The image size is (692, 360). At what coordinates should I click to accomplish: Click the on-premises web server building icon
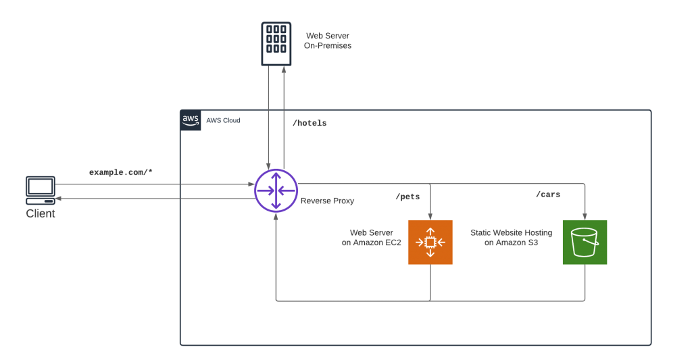point(276,44)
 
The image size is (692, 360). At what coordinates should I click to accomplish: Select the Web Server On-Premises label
point(328,41)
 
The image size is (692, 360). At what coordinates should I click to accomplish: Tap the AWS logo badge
point(191,120)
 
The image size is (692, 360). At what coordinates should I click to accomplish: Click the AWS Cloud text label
point(223,120)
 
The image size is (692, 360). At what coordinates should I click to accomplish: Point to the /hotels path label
point(310,124)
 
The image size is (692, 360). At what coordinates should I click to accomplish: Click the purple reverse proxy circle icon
point(276,190)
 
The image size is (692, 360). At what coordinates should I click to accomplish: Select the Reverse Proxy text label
point(327,201)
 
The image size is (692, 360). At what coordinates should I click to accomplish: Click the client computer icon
point(40,190)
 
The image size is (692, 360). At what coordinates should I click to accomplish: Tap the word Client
point(41,213)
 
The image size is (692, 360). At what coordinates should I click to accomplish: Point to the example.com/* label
point(122,172)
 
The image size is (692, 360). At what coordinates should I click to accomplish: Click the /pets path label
point(407,197)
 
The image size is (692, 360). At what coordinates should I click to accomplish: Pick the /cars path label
point(548,195)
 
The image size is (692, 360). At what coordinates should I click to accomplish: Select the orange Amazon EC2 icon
point(430,242)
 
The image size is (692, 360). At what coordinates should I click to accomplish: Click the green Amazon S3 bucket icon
point(585,242)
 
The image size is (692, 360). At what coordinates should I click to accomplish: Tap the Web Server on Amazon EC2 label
point(372,237)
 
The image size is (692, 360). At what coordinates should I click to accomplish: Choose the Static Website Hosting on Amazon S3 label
point(511,237)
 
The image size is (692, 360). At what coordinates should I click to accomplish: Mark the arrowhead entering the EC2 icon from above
point(430,216)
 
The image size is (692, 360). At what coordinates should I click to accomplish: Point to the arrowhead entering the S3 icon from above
point(585,216)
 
